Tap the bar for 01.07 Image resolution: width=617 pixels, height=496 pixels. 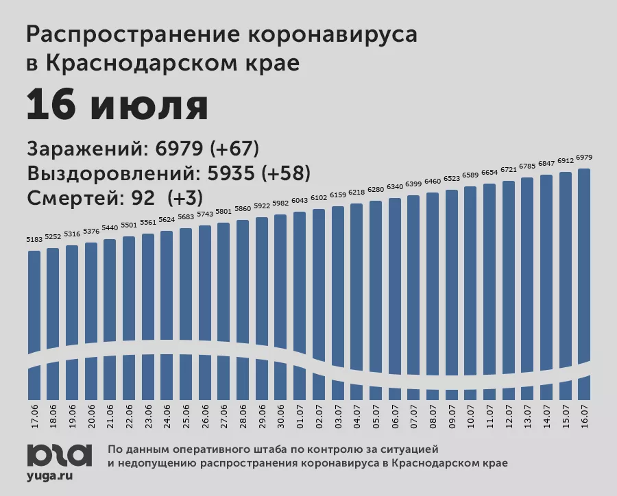coord(299,288)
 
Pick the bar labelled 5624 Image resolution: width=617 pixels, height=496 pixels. coord(167,295)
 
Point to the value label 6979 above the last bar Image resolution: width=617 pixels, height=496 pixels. coord(584,158)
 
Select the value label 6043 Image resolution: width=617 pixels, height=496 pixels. coord(299,201)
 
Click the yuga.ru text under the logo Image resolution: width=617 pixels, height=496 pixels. coord(50,474)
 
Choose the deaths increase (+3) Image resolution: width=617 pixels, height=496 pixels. coord(183,198)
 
